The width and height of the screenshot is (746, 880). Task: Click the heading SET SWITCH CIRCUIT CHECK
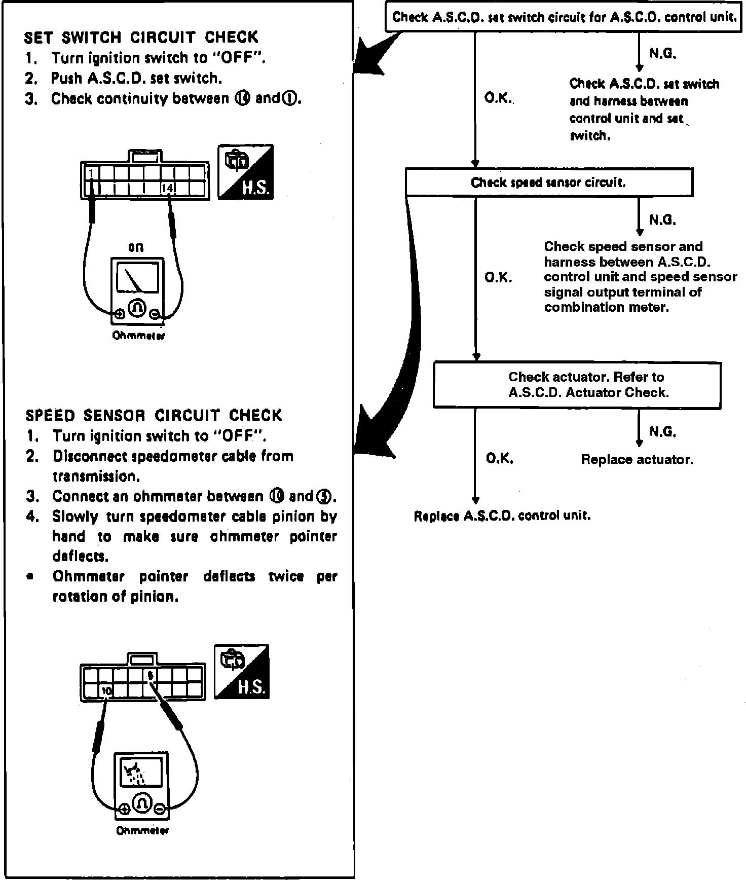pos(141,38)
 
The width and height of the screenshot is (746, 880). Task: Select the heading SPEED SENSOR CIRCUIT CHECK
pos(154,416)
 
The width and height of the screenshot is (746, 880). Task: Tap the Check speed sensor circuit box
pos(549,182)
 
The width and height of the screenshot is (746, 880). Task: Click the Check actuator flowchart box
pos(577,385)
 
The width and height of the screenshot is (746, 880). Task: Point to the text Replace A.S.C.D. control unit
pos(502,516)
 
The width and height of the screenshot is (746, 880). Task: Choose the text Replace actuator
pos(637,460)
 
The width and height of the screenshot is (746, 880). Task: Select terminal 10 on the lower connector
pos(106,690)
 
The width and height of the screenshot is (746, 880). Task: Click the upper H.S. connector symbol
pos(246,172)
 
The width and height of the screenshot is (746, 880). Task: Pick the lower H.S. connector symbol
pos(242,672)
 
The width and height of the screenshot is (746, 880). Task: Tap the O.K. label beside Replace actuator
pos(500,459)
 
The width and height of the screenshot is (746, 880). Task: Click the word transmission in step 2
pos(96,476)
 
